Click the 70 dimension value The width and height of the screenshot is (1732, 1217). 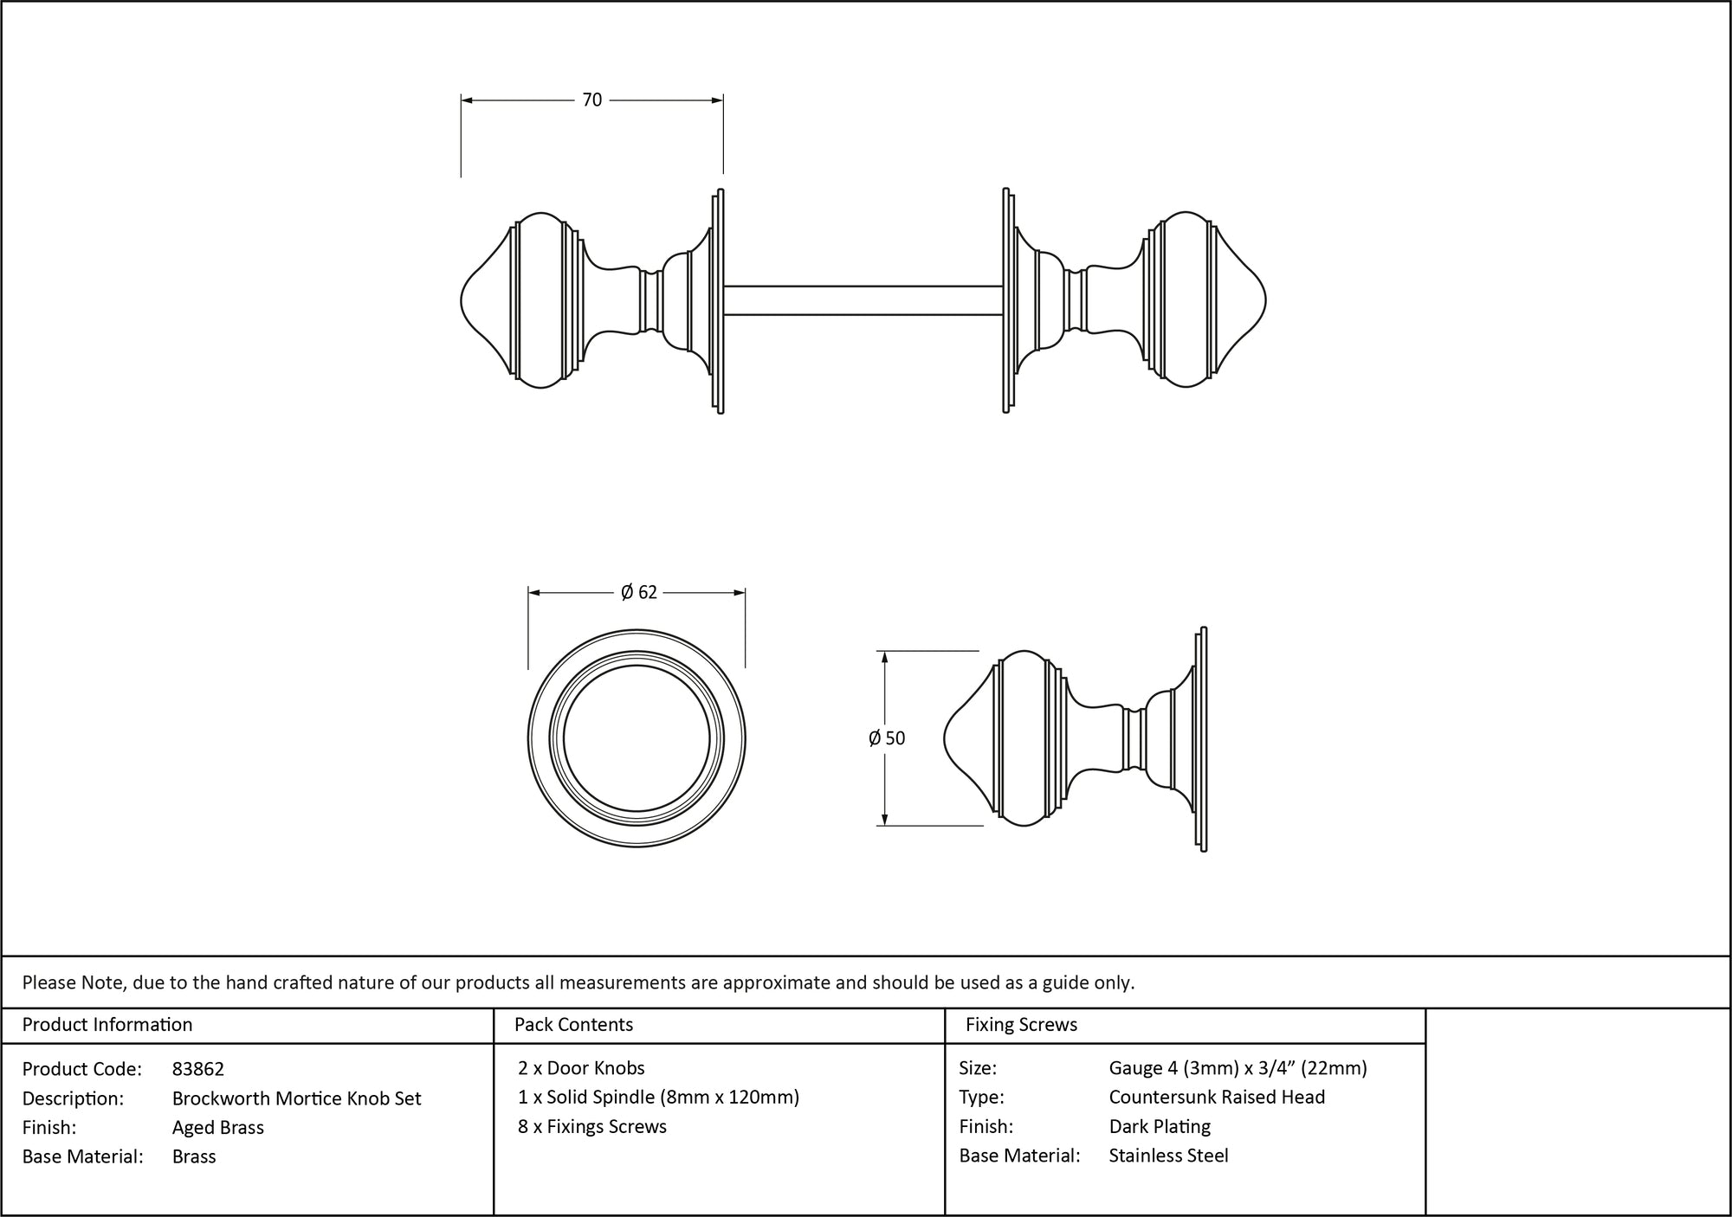click(591, 100)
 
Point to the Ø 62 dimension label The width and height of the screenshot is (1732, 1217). click(639, 592)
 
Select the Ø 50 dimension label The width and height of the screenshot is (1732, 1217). click(887, 738)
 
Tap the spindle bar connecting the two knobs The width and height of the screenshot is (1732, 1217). click(863, 300)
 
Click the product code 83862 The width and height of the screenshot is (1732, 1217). click(198, 1069)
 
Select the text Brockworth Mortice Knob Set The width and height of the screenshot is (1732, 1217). click(296, 1098)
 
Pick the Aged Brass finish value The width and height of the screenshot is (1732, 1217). click(218, 1127)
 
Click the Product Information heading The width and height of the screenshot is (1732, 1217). click(107, 1025)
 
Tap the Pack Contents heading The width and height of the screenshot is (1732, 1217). click(573, 1025)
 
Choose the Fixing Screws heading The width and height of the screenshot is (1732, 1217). click(1021, 1025)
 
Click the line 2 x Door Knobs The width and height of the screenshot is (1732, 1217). click(581, 1068)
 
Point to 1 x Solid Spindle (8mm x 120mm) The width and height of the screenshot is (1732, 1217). click(658, 1098)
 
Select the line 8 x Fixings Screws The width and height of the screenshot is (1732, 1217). click(592, 1126)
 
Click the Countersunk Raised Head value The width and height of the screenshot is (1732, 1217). click(1217, 1098)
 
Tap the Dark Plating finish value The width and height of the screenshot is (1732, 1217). click(1160, 1126)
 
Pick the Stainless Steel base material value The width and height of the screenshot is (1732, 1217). click(1168, 1156)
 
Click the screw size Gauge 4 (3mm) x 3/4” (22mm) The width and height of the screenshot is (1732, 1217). click(1238, 1068)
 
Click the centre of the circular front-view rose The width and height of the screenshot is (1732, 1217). click(637, 739)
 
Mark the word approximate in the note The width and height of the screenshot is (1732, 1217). click(771, 982)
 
